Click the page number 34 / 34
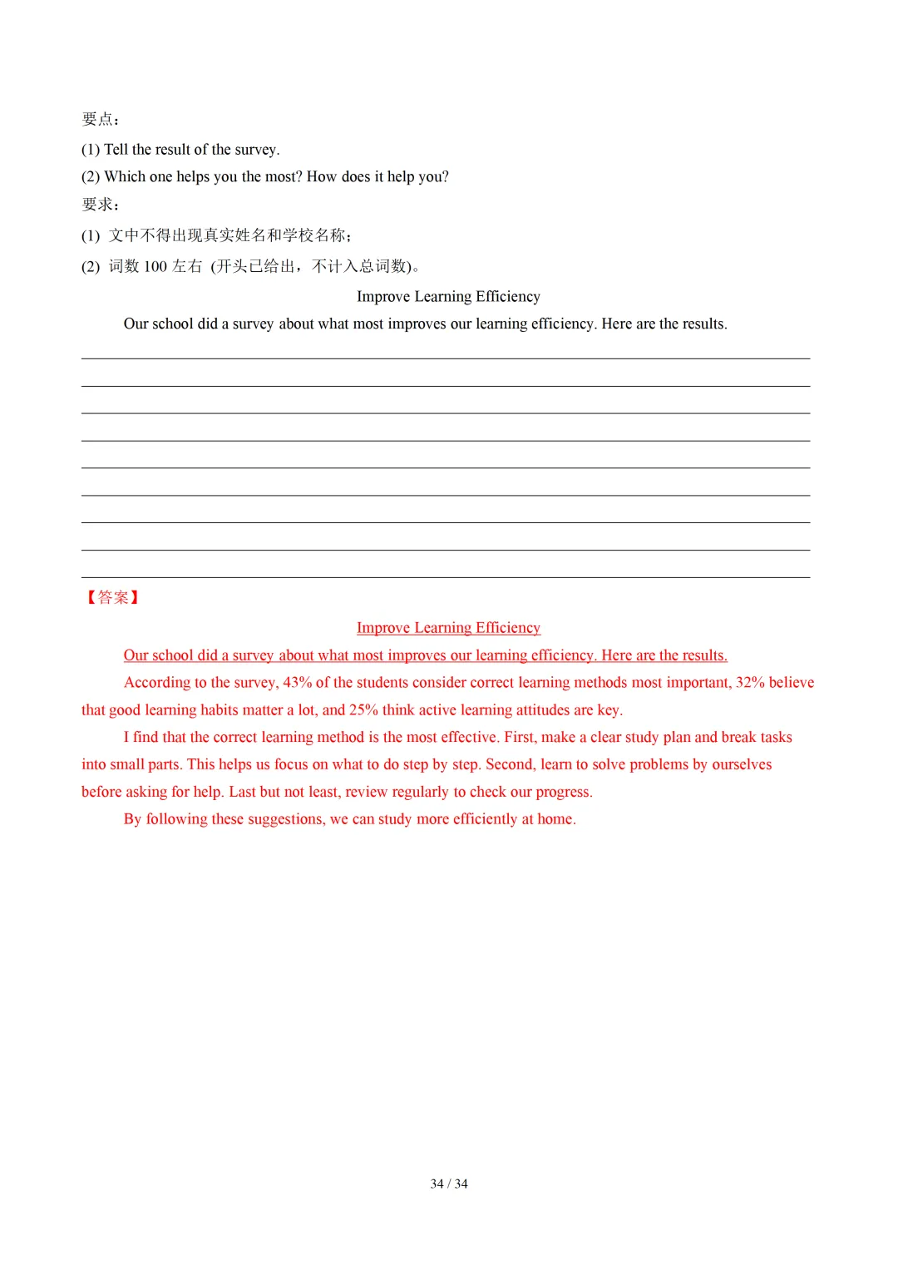tap(449, 1184)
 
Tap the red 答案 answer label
tap(113, 597)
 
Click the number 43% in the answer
tap(297, 683)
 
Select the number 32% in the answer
tap(750, 683)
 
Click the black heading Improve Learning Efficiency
tap(448, 297)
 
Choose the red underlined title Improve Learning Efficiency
tap(448, 628)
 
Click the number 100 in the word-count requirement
tap(155, 266)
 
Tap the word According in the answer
tap(157, 683)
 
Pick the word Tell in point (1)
tap(116, 150)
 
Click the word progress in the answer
tap(563, 793)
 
